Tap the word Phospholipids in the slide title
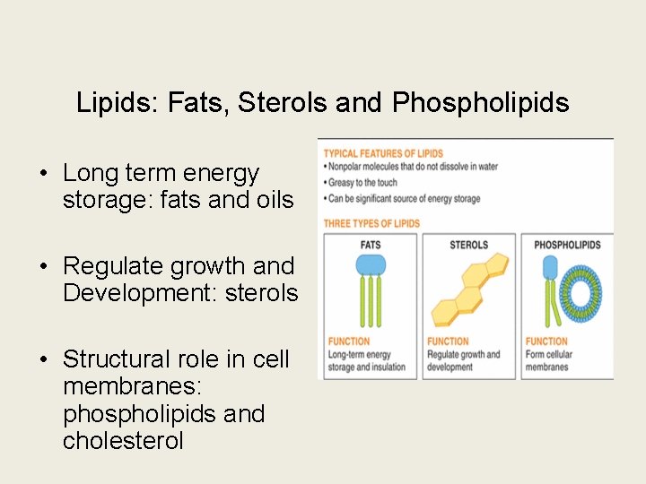pos(480,103)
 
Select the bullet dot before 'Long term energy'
pos(43,173)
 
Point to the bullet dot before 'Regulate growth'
pos(43,266)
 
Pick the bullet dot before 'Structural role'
pos(43,359)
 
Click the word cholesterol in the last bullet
pos(123,440)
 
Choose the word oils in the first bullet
pos(272,200)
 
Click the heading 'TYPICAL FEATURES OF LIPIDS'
pos(383,153)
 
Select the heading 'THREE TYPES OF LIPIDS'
pos(371,223)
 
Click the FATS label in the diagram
pos(370,245)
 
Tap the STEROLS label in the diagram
pos(468,245)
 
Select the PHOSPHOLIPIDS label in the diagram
pos(567,245)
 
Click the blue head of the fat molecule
pos(371,264)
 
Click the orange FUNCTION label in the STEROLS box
pos(448,341)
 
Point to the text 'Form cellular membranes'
pos(548,360)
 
